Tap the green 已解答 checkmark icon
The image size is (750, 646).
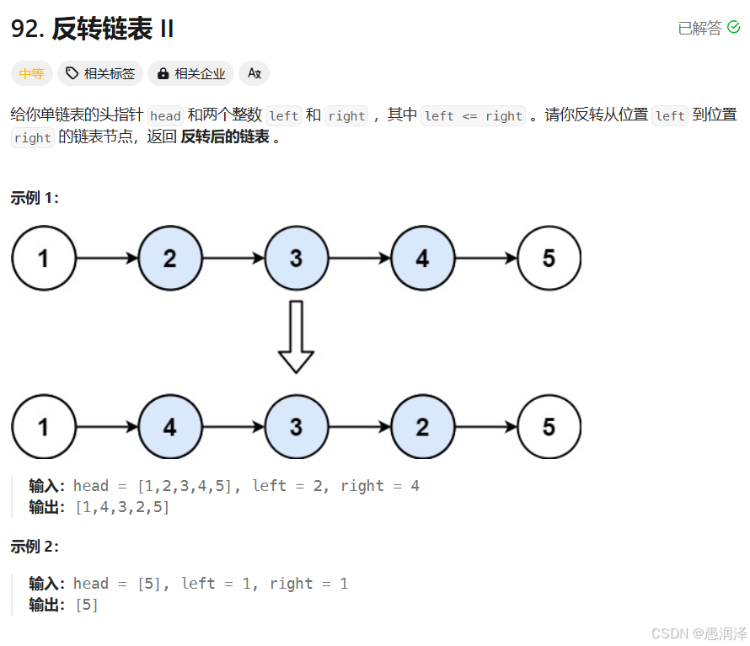coord(734,28)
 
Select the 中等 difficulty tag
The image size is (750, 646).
coord(31,73)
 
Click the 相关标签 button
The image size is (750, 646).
coord(100,73)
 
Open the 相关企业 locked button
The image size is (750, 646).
coord(191,73)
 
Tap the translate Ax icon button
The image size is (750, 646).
coord(254,73)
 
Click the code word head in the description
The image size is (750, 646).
coord(165,116)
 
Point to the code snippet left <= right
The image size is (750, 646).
coord(473,116)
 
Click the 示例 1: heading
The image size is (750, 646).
coord(35,198)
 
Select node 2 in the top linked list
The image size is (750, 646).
coord(169,258)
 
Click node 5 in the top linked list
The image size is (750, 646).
coord(549,258)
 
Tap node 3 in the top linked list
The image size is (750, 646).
coord(296,258)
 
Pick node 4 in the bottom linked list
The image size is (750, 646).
coord(169,426)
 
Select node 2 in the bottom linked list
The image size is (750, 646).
coord(422,426)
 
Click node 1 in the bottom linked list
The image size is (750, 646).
coord(43,426)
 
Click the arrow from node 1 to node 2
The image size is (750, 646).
coord(107,258)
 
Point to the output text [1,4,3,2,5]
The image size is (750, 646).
coord(122,507)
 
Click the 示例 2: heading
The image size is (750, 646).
coord(35,546)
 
